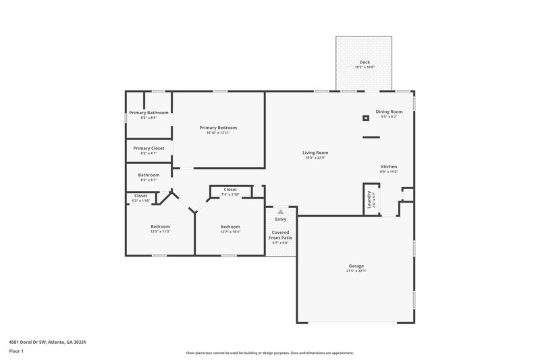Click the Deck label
tap(364, 62)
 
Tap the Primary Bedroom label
tap(218, 127)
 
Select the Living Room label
tap(315, 153)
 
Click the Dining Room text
tap(389, 111)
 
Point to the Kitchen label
tap(389, 166)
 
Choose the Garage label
tap(356, 265)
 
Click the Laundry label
tap(370, 200)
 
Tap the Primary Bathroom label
tap(148, 112)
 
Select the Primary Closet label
tap(148, 148)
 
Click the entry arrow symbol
tap(281, 211)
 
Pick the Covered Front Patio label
tap(281, 235)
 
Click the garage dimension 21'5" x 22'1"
tap(356, 271)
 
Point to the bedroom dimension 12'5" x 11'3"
tap(160, 232)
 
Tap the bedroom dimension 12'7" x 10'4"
tap(230, 232)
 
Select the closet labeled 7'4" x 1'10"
tap(230, 195)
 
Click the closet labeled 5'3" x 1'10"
tap(140, 201)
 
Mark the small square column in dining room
tap(366, 118)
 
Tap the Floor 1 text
tap(16, 352)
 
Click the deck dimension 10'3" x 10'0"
tap(364, 68)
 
